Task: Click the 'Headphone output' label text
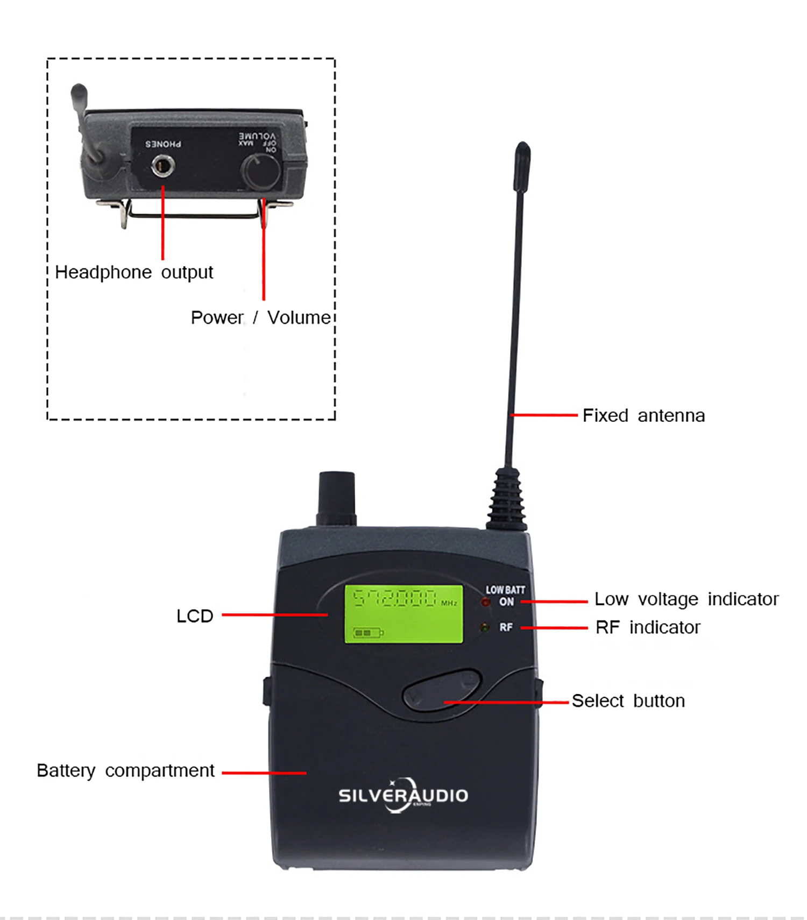pos(134,272)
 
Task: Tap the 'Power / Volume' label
pos(260,317)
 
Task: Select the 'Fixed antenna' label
pos(643,415)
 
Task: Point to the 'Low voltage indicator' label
pos(686,599)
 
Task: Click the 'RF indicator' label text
pos(648,627)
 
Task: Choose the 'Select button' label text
pos(628,701)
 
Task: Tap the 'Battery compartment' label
pos(125,770)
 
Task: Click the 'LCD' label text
pos(195,616)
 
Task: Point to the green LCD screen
pos(403,614)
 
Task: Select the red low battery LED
pos(486,602)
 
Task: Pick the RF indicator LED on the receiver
pos(485,627)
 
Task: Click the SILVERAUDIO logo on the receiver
pos(403,795)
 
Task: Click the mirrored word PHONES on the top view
pos(163,144)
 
